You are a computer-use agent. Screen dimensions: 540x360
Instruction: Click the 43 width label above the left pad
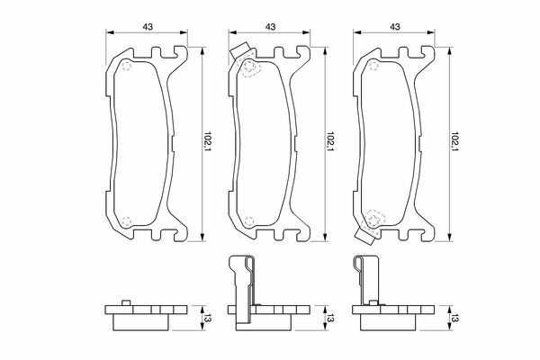tap(148, 26)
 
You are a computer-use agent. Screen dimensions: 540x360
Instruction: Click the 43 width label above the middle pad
tap(271, 26)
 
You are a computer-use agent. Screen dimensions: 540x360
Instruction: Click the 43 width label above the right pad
tap(395, 26)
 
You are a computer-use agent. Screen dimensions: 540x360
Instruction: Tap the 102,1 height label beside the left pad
tap(208, 141)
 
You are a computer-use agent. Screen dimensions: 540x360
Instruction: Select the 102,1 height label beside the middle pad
tap(331, 141)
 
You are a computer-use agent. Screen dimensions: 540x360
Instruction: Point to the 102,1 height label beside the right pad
tap(455, 141)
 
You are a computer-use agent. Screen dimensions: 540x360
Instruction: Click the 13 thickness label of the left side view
tap(208, 319)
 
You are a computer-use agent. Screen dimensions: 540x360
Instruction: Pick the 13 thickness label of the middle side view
tap(330, 319)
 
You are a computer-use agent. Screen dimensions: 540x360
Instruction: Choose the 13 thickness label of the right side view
tap(455, 319)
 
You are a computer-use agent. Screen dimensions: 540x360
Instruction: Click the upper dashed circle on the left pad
tap(127, 66)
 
